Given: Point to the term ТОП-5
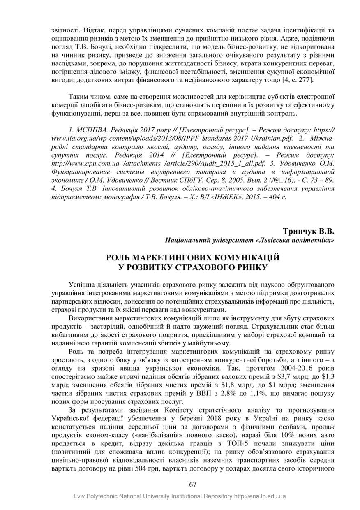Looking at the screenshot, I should coord(237,443).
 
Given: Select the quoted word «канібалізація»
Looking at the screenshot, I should coord(124,435).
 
